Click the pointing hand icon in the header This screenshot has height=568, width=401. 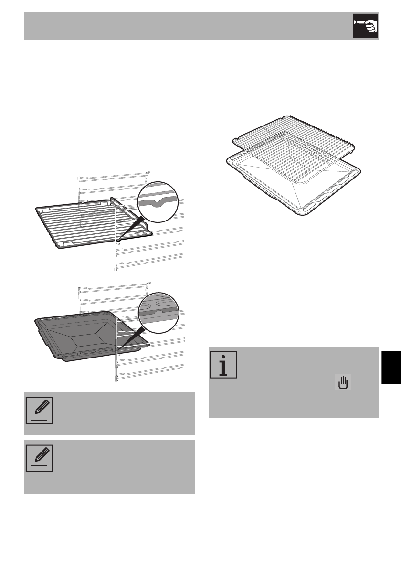pos(365,26)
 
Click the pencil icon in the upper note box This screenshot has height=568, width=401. pos(40,410)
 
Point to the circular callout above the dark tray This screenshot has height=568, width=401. pos(158,313)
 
